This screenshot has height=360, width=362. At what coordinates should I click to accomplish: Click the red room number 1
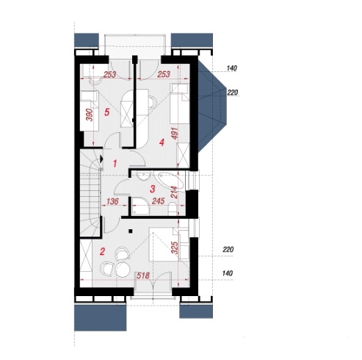point(115,164)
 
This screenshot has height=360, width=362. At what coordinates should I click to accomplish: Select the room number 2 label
point(102,251)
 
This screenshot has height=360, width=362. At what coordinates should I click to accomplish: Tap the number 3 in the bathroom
point(152,189)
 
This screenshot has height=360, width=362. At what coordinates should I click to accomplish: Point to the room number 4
point(162,143)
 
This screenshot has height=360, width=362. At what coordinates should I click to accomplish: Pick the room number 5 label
point(106,112)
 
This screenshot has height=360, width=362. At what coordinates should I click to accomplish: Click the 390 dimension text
point(90,115)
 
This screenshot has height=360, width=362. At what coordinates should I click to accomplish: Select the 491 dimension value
point(175,133)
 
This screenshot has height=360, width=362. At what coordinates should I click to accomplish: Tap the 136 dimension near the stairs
point(112,201)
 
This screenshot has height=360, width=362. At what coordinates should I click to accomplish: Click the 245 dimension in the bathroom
point(158,201)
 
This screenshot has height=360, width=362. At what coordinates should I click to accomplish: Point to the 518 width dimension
point(143,276)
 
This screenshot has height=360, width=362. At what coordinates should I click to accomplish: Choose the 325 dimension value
point(175,248)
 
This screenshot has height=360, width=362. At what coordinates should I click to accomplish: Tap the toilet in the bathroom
point(173,209)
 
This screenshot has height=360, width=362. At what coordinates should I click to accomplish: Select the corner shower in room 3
point(140,206)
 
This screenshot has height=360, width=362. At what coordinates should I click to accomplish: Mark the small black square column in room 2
point(131,231)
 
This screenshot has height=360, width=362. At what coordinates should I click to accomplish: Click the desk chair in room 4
point(153,102)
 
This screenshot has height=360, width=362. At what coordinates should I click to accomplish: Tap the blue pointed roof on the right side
point(211,106)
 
